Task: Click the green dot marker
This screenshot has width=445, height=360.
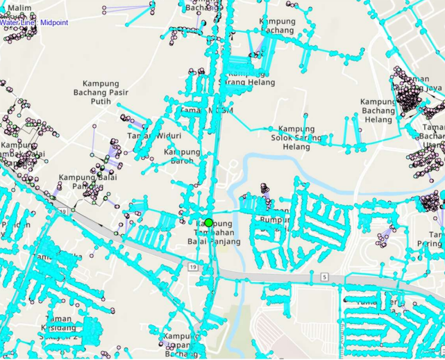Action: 208,222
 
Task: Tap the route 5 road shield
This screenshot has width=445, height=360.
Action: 324,277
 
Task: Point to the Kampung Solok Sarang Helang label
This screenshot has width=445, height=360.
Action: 301,138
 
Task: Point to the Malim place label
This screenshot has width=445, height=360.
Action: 19,8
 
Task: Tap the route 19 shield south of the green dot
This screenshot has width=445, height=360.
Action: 192,266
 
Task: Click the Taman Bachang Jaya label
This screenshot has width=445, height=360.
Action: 417,83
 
